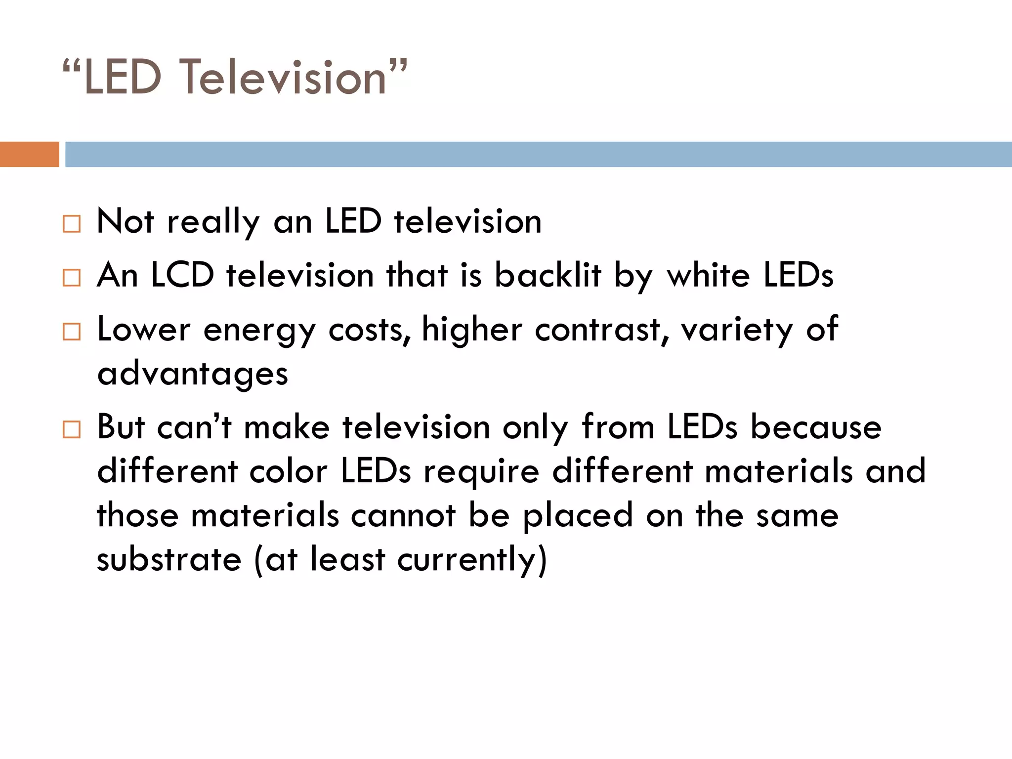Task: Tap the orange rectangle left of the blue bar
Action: (x=30, y=154)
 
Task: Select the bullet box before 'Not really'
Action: (x=72, y=224)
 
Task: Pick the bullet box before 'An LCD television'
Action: (x=72, y=278)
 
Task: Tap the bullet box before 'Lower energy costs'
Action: (x=72, y=332)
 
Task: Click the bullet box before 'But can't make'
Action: (x=72, y=429)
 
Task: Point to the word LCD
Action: (x=182, y=275)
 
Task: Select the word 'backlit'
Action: (x=548, y=275)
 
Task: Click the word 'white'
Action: (x=709, y=275)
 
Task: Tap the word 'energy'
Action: (x=259, y=330)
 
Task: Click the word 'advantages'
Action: (x=193, y=374)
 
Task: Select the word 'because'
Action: (x=816, y=427)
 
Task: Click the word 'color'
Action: (x=289, y=471)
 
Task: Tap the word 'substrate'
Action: (x=169, y=559)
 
